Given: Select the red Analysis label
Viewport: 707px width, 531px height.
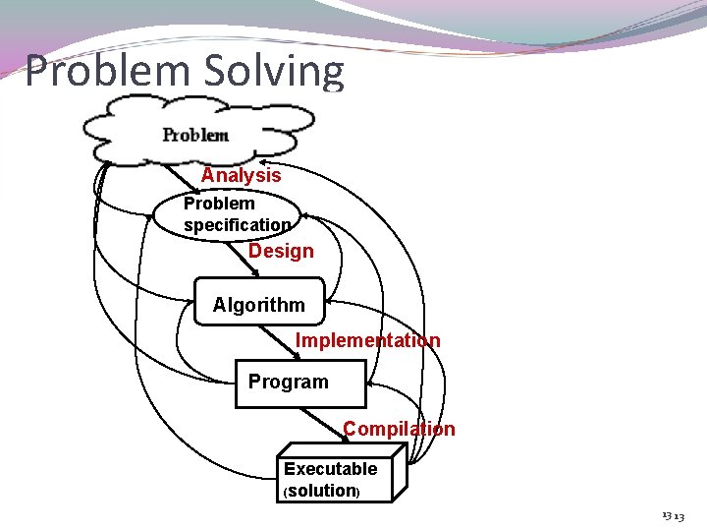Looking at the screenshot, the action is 241,175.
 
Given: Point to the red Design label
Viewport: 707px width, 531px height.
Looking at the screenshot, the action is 281,251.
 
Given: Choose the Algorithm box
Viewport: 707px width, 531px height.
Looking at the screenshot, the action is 259,304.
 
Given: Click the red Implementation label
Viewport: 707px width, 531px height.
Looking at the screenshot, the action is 367,340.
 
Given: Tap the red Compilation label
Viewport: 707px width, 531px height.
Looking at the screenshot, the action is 399,429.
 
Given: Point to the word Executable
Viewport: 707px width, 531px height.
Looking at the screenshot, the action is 330,469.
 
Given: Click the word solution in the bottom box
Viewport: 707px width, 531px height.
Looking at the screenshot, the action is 321,491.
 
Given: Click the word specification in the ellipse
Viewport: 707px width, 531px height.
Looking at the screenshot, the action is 237,225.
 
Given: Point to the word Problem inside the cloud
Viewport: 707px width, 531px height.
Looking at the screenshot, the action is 195,135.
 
